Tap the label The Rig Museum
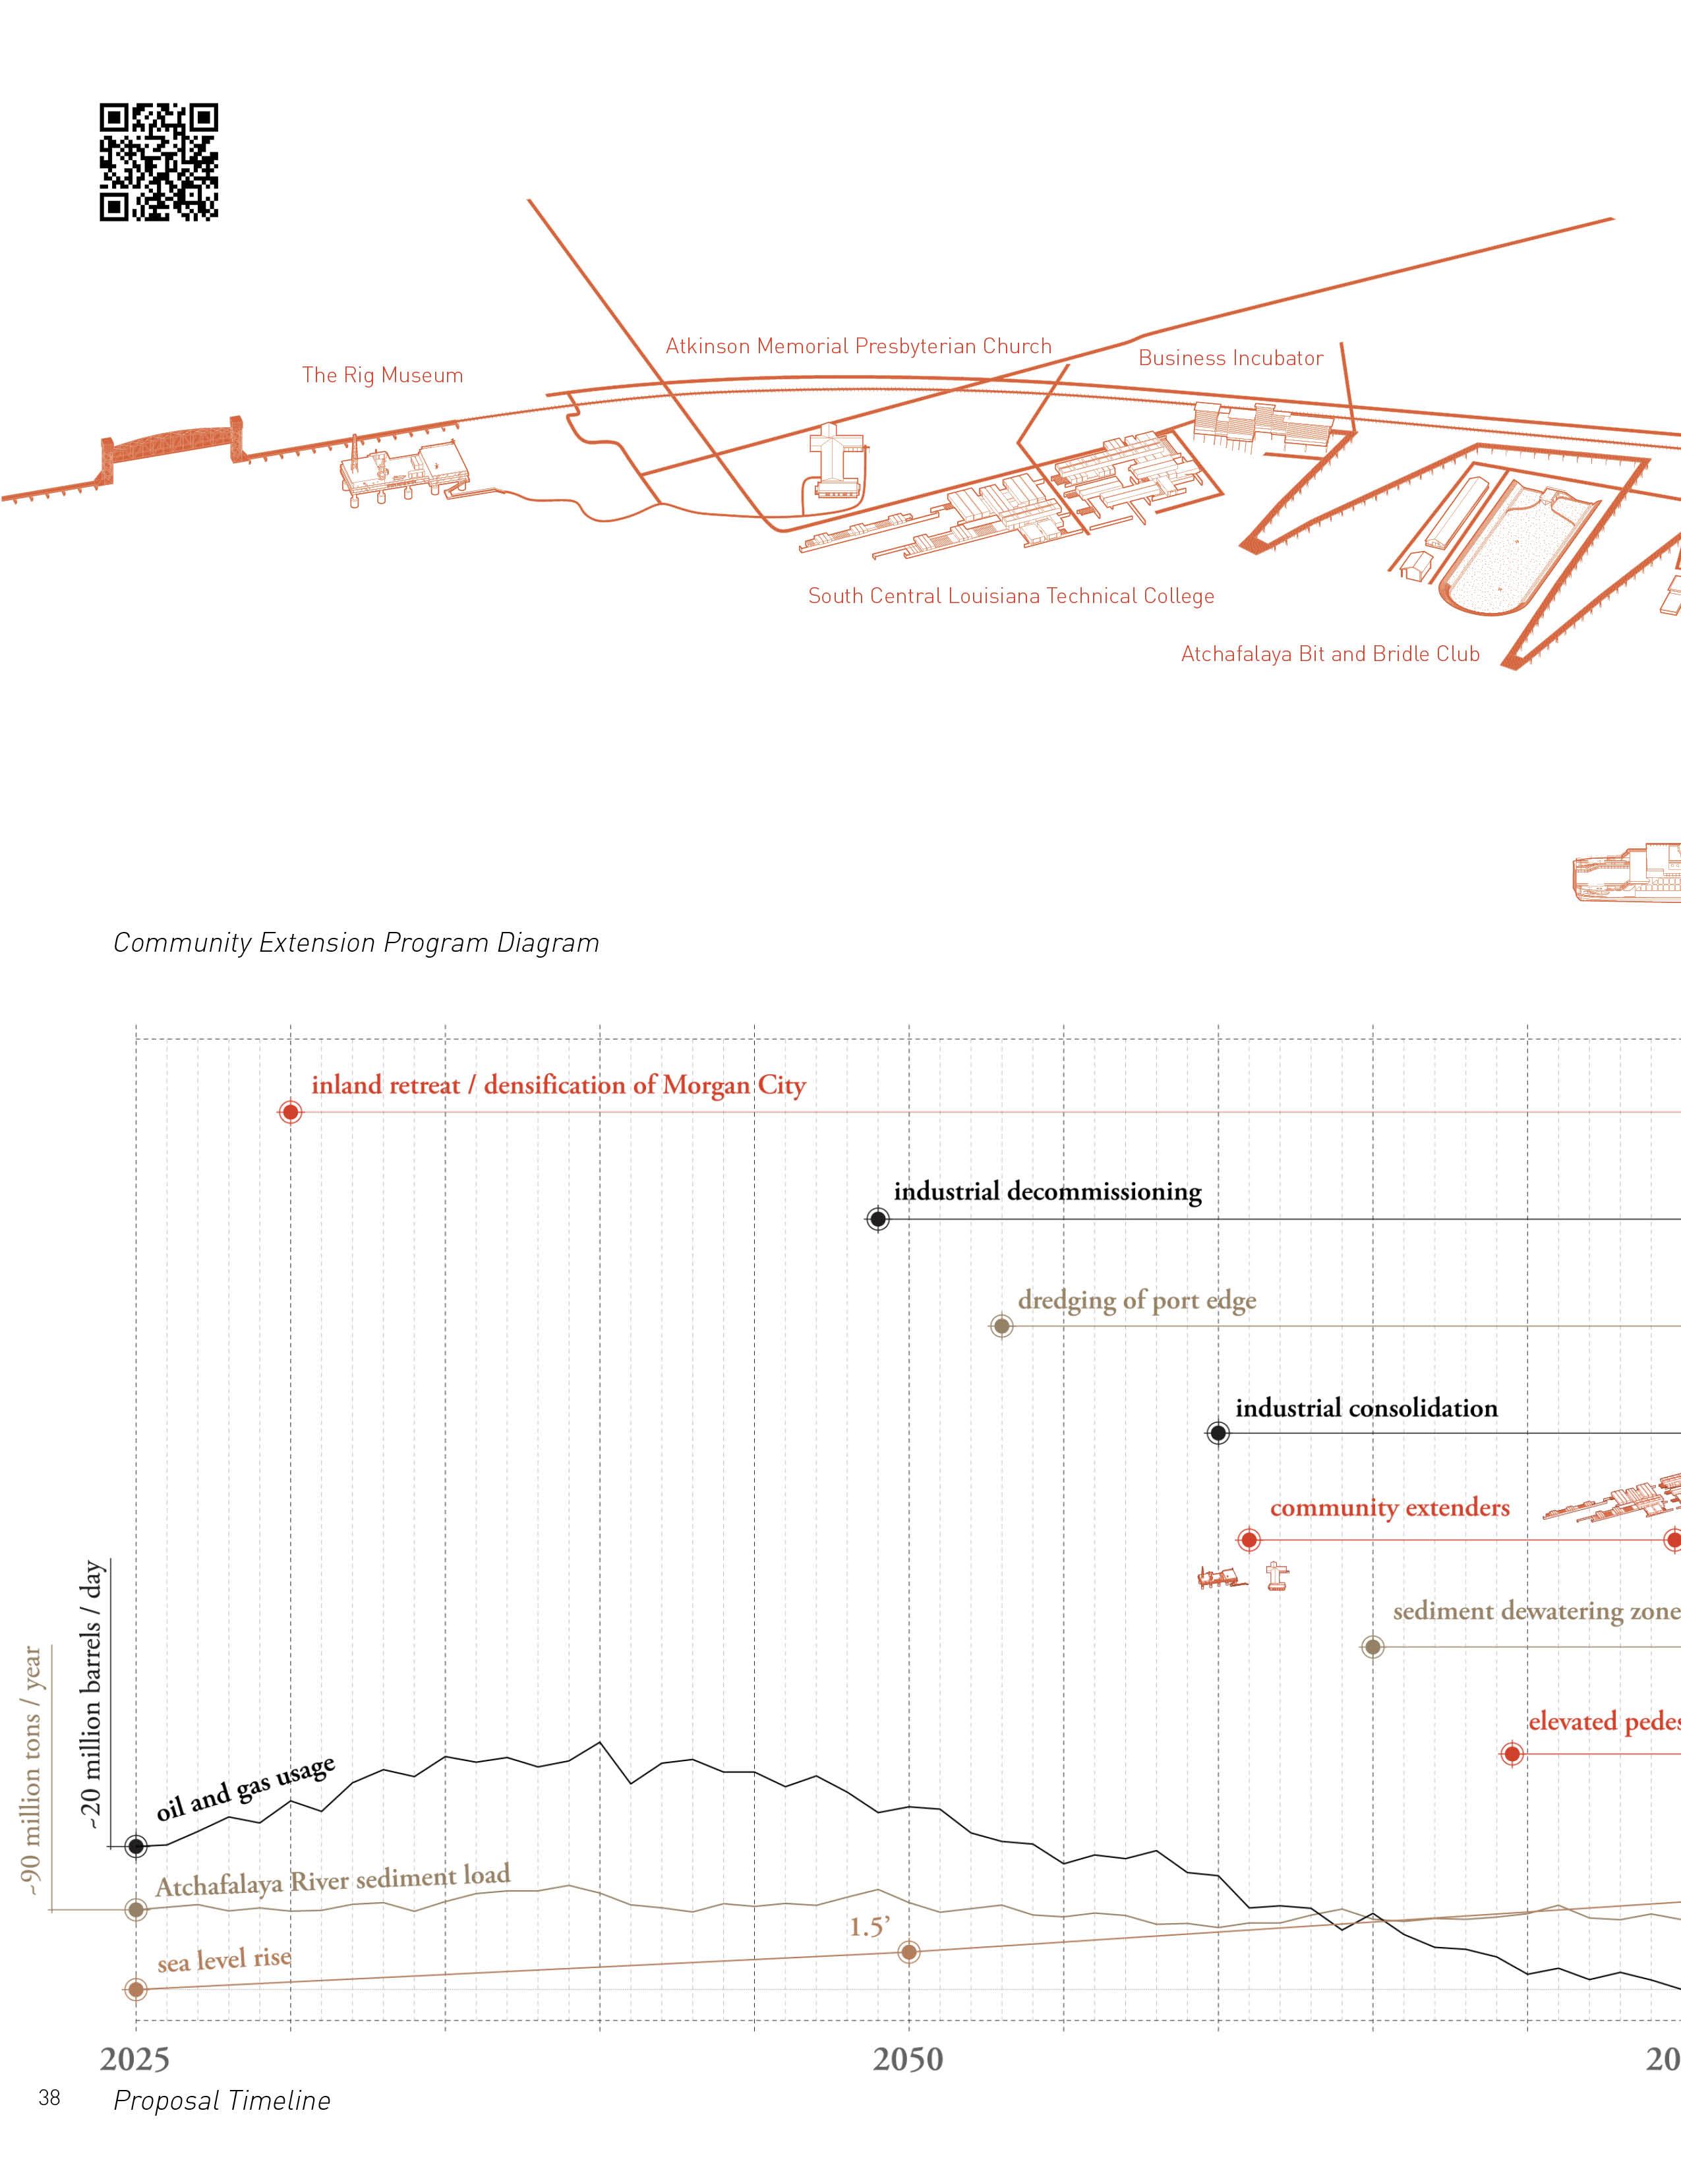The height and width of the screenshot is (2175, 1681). [382, 376]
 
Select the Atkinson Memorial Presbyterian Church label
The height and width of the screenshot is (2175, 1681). [858, 347]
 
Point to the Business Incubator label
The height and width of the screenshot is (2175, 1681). [1231, 359]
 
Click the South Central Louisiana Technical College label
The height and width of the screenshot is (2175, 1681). [1011, 596]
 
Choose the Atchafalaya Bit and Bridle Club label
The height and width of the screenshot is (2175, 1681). [1330, 654]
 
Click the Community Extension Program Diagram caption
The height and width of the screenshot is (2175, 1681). [355, 943]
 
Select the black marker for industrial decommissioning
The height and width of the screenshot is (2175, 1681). [877, 1219]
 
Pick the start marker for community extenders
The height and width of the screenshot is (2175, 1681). [1249, 1541]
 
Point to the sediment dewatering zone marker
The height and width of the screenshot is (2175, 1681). [1372, 1647]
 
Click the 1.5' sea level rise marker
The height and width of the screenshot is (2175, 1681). [908, 1952]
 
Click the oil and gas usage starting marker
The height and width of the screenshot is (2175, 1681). [136, 1846]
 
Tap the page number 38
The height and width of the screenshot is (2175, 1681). [49, 2099]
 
